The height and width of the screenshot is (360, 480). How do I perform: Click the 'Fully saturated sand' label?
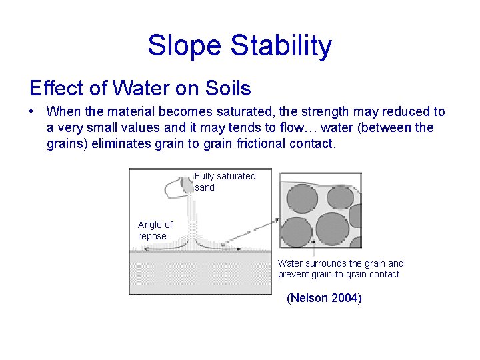pyautogui.click(x=225, y=181)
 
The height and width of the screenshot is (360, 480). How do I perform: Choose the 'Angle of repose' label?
pyautogui.click(x=155, y=230)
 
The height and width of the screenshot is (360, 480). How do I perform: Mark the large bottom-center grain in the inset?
pyautogui.click(x=331, y=229)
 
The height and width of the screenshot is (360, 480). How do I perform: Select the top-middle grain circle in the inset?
pyautogui.click(x=339, y=197)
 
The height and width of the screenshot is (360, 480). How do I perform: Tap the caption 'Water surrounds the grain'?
pyautogui.click(x=340, y=269)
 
